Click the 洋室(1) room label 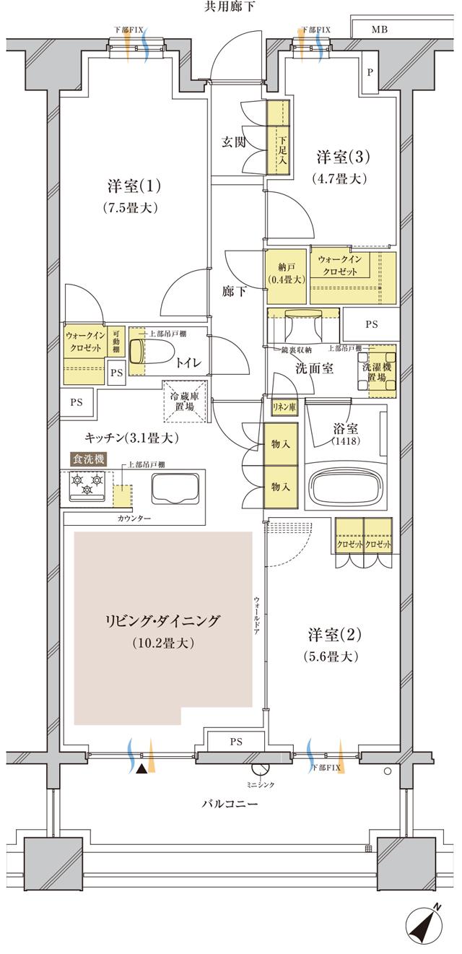[x=134, y=186]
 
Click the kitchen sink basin [x=175, y=491]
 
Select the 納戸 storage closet [x=285, y=276]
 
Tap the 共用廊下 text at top [x=230, y=7]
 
